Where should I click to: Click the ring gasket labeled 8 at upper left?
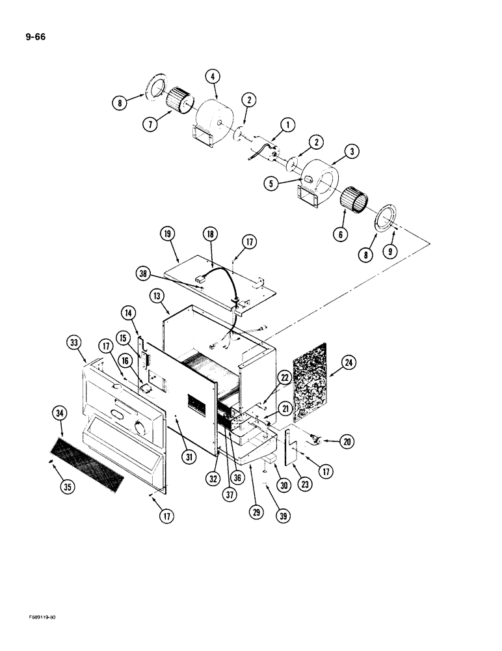[155, 88]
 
